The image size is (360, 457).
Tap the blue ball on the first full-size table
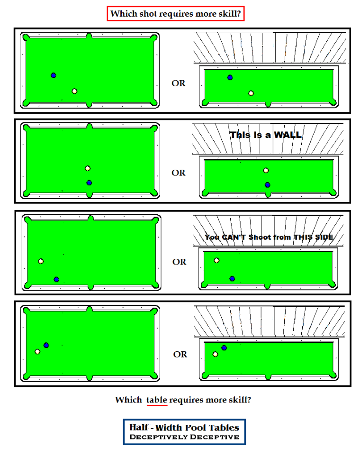pyautogui.click(x=54, y=75)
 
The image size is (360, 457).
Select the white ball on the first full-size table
pyautogui.click(x=74, y=91)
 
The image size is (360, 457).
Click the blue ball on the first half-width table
pyautogui.click(x=230, y=77)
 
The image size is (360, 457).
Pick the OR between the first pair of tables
pyautogui.click(x=179, y=83)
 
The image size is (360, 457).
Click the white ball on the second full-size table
pyautogui.click(x=88, y=168)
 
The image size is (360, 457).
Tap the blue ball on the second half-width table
pyautogui.click(x=268, y=185)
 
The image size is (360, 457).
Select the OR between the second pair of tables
pyautogui.click(x=179, y=173)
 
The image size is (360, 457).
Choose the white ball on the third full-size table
pyautogui.click(x=41, y=261)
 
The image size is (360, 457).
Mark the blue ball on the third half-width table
pyautogui.click(x=232, y=279)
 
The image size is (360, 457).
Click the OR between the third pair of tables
pyautogui.click(x=179, y=262)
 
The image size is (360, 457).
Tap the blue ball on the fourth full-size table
pyautogui.click(x=46, y=345)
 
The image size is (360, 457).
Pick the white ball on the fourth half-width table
pyautogui.click(x=216, y=354)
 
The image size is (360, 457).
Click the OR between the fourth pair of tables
pyautogui.click(x=180, y=355)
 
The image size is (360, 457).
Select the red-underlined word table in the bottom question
pyautogui.click(x=156, y=400)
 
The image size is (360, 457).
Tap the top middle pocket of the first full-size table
pyautogui.click(x=89, y=37)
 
